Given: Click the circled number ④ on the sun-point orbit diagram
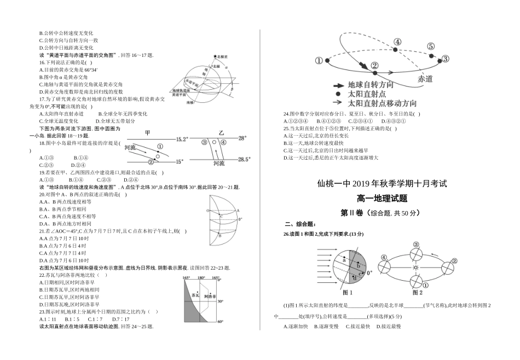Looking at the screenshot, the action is click(x=397, y=43).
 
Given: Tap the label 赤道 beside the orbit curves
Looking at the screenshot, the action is click(x=425, y=79).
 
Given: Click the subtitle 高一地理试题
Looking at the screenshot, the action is click(x=382, y=199).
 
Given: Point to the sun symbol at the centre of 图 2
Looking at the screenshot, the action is click(x=416, y=268).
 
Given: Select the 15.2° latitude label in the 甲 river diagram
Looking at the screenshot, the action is click(x=182, y=140).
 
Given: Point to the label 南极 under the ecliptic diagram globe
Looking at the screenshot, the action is click(x=190, y=102).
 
